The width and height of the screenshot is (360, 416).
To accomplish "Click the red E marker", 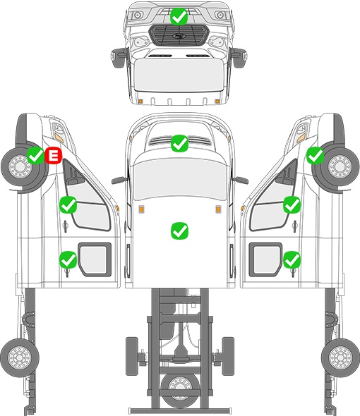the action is (54, 155).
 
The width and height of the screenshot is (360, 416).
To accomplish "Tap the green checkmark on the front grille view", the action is (179, 17).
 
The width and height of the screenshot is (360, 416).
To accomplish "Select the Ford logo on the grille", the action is (178, 36).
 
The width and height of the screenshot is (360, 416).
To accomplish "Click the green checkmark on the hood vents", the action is (180, 144).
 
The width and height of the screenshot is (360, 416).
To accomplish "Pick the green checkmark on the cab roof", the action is (180, 231).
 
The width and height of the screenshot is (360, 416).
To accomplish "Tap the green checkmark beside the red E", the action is (36, 155).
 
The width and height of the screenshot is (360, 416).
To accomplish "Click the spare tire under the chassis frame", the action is (181, 388).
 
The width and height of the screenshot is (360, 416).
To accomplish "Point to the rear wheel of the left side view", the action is (20, 357).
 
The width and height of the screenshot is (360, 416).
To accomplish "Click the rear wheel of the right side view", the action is (341, 357).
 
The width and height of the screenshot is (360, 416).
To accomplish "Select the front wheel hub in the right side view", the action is (340, 166).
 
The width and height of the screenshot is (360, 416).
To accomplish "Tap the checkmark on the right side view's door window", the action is (292, 204).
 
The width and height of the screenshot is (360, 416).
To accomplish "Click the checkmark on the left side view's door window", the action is (68, 204).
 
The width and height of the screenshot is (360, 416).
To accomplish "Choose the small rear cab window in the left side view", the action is (95, 259).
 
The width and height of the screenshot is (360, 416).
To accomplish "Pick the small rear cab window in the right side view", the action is (265, 259).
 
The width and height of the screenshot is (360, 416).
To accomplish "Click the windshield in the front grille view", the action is (179, 74).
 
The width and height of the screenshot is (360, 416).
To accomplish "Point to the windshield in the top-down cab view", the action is (180, 178).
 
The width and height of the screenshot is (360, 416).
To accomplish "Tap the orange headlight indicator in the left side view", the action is (59, 137).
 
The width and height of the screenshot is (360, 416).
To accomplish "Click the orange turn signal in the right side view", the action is (301, 137).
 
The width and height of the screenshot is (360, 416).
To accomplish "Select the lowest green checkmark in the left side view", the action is (68, 259).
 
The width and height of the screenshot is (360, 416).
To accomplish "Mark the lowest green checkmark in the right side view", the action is (292, 259).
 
